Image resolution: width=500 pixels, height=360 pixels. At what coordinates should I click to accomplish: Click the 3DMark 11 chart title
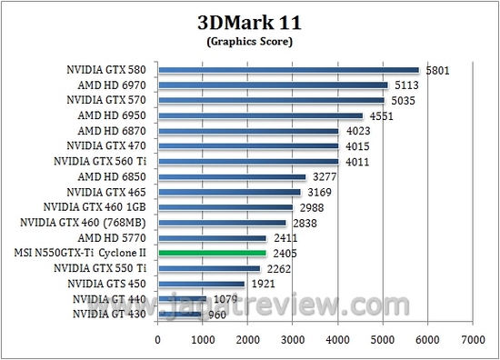pyautogui.click(x=249, y=21)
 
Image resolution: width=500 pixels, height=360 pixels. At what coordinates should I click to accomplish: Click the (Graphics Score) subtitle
pyautogui.click(x=249, y=41)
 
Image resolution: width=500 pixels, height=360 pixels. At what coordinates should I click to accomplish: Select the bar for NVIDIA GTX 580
pyautogui.click(x=288, y=69)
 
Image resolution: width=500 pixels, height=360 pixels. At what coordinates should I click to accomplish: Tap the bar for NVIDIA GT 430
pyautogui.click(x=179, y=315)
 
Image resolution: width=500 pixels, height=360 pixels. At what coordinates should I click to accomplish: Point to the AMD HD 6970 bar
pyautogui.click(x=273, y=85)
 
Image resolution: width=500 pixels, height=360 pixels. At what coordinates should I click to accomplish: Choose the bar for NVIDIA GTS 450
pyautogui.click(x=201, y=284)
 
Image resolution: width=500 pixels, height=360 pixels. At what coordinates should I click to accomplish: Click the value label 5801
pyautogui.click(x=438, y=69)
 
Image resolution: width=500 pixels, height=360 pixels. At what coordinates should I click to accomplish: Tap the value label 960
pyautogui.click(x=215, y=315)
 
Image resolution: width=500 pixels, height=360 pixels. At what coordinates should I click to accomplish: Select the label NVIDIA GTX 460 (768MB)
pyautogui.click(x=94, y=223)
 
